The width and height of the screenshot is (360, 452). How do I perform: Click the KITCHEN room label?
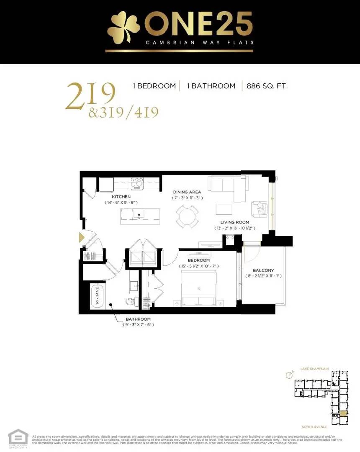click(121, 196)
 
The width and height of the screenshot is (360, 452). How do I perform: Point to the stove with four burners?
click(137, 182)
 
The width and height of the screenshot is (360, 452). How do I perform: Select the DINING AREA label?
click(187, 192)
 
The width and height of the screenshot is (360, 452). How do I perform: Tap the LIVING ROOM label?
click(235, 222)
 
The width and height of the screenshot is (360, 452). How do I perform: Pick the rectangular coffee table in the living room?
click(224, 209)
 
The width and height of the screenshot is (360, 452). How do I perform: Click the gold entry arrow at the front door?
click(82, 238)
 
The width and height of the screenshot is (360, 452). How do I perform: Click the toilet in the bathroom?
click(130, 301)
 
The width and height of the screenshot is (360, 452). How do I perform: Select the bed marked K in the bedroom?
click(199, 289)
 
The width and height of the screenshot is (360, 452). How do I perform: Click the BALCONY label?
click(263, 270)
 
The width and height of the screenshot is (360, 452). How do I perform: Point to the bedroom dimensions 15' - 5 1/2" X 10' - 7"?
click(199, 266)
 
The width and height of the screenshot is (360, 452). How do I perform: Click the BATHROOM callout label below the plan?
click(138, 319)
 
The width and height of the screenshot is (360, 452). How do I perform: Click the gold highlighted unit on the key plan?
click(343, 413)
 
